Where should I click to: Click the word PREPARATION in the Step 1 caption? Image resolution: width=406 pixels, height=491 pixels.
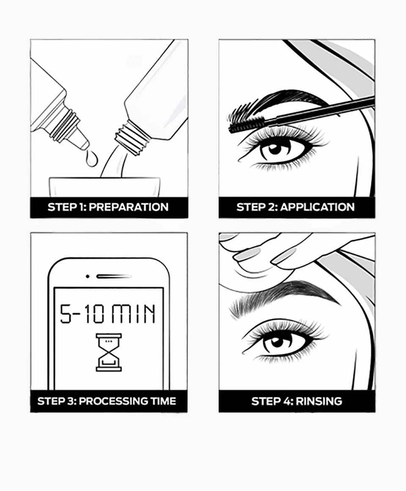pyautogui.click(x=129, y=207)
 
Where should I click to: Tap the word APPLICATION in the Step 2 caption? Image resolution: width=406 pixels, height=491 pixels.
pyautogui.click(x=317, y=207)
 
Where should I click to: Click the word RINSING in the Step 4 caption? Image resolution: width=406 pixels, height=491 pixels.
pyautogui.click(x=319, y=401)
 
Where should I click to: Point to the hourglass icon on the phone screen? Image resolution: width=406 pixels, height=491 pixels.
pyautogui.click(x=109, y=352)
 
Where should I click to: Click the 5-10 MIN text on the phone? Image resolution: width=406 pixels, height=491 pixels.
pyautogui.click(x=108, y=314)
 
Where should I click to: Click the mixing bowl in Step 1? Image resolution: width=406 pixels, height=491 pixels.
pyautogui.click(x=105, y=187)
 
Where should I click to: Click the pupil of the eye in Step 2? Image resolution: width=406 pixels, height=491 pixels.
pyautogui.click(x=275, y=149)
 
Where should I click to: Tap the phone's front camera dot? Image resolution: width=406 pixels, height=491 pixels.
pyautogui.click(x=88, y=276)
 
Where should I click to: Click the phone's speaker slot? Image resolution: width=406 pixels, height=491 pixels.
pyautogui.click(x=114, y=276)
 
